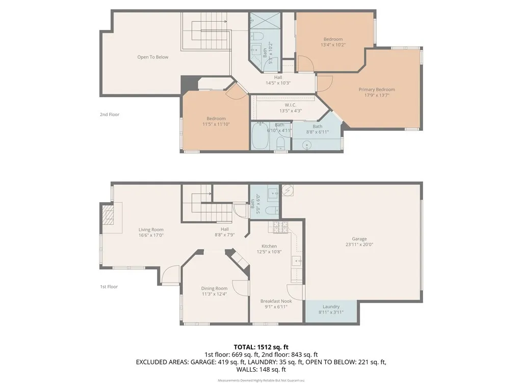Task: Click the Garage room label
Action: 359,241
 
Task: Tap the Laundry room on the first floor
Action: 330,309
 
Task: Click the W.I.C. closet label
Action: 291,108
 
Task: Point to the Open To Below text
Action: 152,57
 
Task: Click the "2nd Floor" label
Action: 109,115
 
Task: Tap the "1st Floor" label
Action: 109,287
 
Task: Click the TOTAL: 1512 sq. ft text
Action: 260,346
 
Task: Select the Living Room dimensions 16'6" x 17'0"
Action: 151,235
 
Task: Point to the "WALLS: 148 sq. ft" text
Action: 260,370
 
